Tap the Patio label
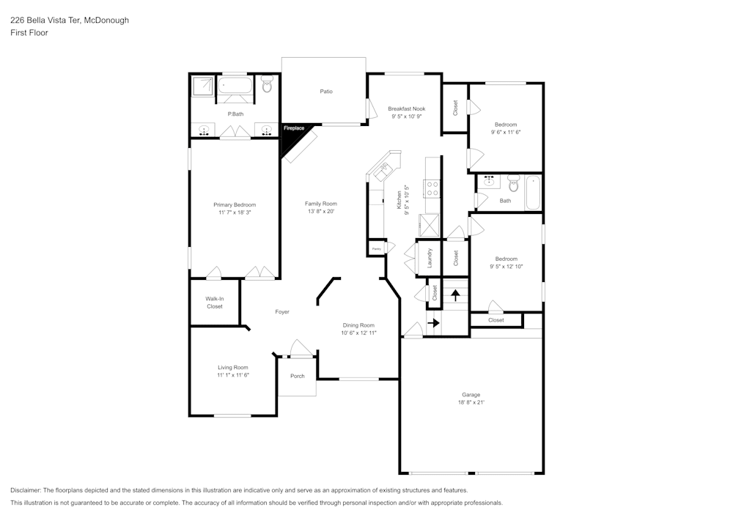[x=326, y=92]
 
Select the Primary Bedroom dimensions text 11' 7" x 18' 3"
[x=235, y=212]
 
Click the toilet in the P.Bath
[x=267, y=86]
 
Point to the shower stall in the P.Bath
[x=202, y=87]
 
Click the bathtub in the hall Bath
[x=532, y=192]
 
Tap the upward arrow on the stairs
[x=456, y=295]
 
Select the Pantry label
[x=376, y=249]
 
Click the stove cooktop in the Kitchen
[x=432, y=189]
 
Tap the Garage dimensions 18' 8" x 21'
[x=471, y=402]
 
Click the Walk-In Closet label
[x=214, y=303]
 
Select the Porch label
[x=298, y=377]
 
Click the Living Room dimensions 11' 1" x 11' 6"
[x=233, y=375]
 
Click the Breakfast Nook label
[x=407, y=108]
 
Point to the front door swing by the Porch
[x=299, y=348]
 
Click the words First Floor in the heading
[x=29, y=33]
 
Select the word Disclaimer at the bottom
[x=26, y=490]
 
